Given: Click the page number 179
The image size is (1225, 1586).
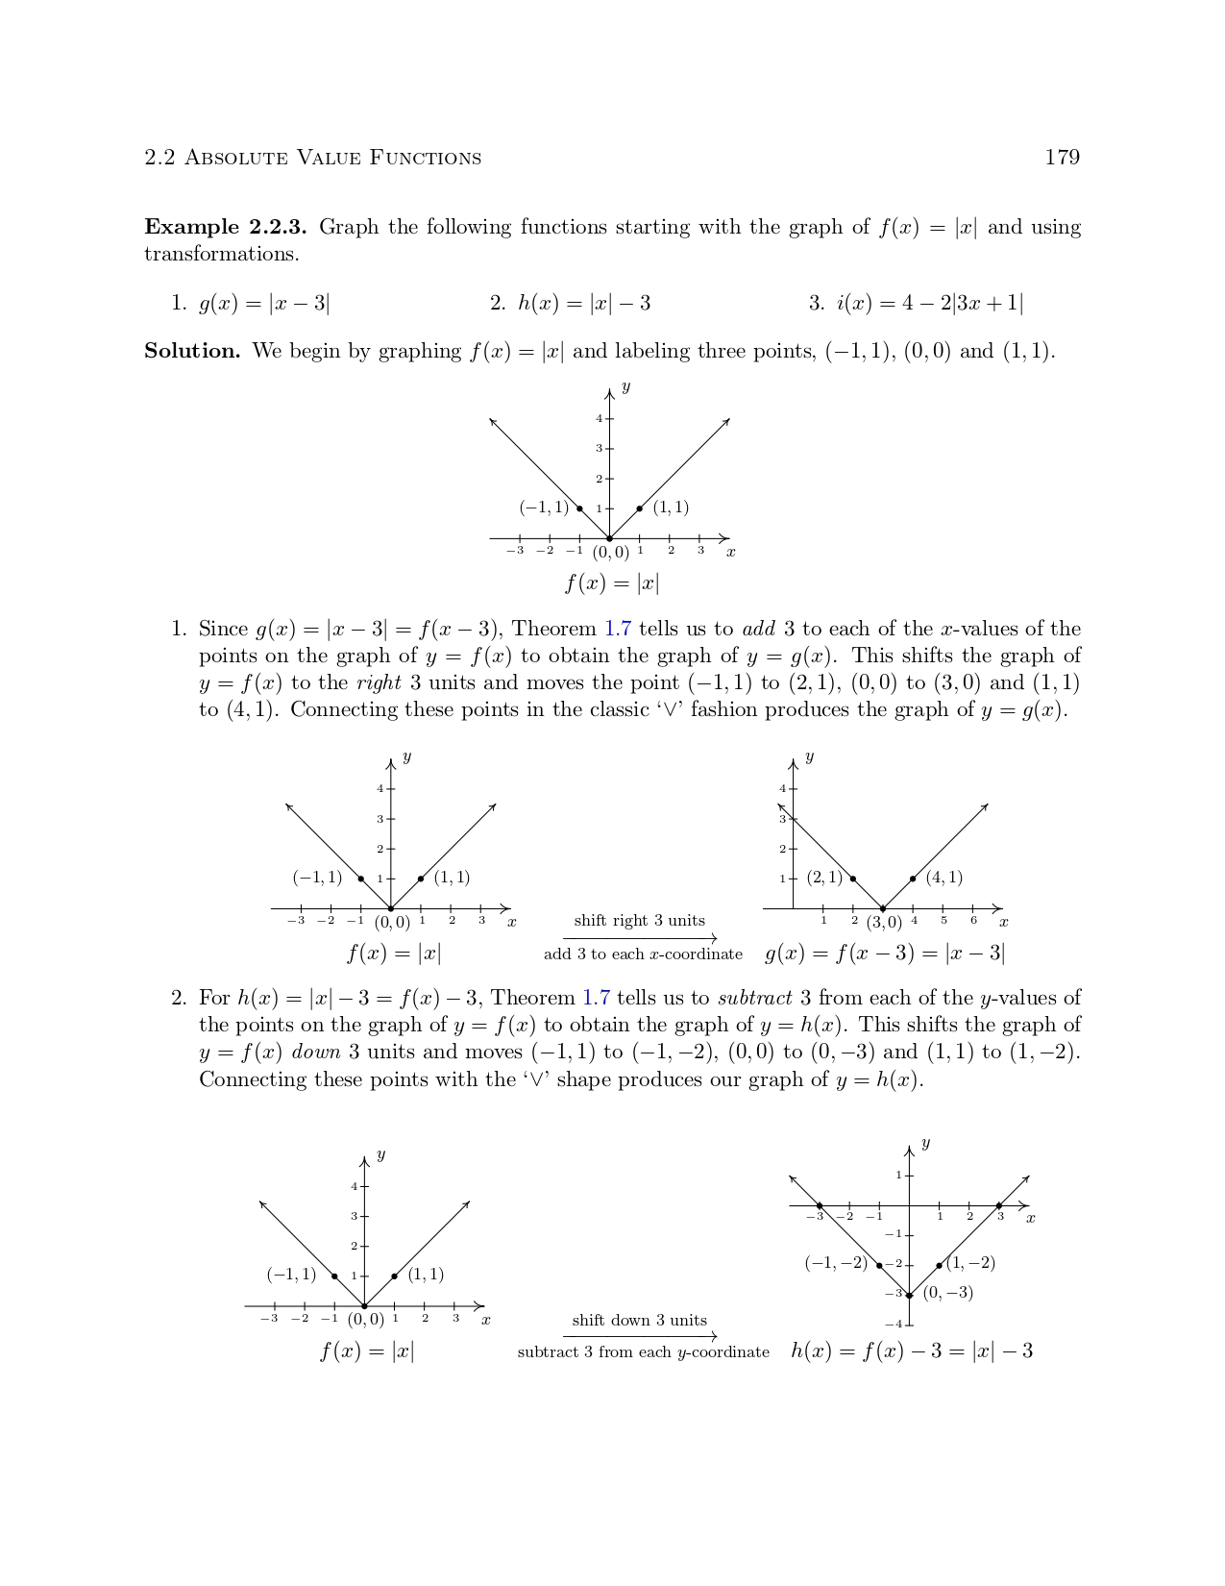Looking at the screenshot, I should pos(1062,158).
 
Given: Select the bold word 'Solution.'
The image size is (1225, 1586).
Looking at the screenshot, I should pos(192,352).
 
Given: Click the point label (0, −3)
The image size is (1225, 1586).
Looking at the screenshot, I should pos(948,1293).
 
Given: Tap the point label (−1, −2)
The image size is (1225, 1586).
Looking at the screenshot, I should pos(836,1263).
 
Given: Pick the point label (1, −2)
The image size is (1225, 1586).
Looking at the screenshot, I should pos(970,1263).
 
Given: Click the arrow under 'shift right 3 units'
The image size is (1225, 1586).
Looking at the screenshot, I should pos(640,938).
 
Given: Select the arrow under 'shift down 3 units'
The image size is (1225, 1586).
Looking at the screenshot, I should pos(640,1336).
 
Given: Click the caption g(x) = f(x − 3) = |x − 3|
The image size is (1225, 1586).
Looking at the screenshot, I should pos(885,954).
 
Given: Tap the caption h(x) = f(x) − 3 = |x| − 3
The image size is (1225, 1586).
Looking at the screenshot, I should pos(912,1351).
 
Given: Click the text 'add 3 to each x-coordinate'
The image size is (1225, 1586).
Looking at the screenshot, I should pos(643,954).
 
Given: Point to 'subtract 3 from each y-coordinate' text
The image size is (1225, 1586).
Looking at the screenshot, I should pos(643,1352).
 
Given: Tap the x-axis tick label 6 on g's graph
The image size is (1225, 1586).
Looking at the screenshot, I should pos(973,921).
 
